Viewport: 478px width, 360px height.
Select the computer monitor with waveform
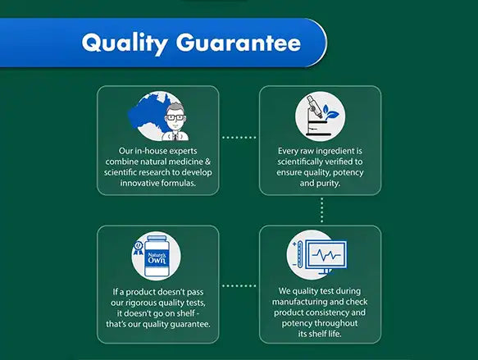pos(327,255)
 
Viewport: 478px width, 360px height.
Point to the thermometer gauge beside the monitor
pos(295,255)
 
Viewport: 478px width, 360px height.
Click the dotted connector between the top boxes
pos(240,138)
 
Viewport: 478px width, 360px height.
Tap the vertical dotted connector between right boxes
pos(321,209)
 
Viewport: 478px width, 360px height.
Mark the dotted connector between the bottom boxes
pos(240,286)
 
